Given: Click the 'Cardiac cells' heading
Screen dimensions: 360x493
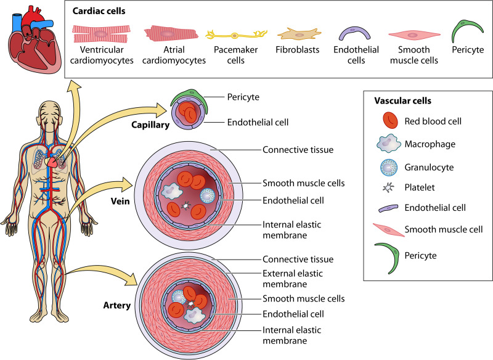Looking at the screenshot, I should pos(100,12).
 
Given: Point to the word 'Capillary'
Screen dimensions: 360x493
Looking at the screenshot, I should pos(149,125).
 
